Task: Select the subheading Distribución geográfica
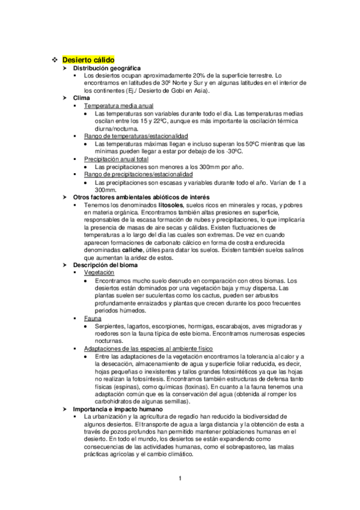point(106,69)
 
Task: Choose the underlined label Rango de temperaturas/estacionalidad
point(136,136)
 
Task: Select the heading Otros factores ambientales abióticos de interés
point(141,197)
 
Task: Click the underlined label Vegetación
point(99,272)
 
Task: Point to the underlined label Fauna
point(93,318)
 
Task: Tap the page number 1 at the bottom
point(180,478)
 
